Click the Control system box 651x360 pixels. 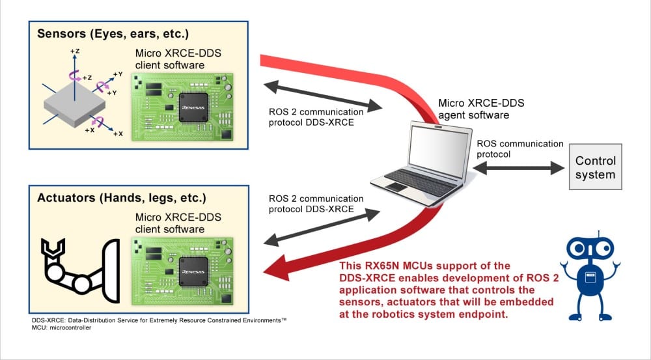coord(595,167)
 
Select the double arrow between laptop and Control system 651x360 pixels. coord(519,167)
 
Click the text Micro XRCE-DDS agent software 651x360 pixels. coord(481,109)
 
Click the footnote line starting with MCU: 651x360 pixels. coord(61,328)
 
